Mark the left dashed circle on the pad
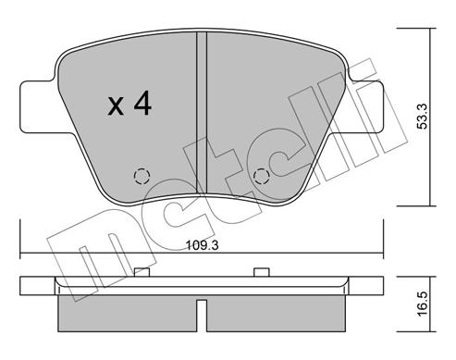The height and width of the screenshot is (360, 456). [142, 176]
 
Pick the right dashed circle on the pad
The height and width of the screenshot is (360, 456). [261, 176]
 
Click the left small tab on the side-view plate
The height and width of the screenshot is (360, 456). [142, 271]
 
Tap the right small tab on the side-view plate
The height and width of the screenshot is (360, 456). [261, 271]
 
